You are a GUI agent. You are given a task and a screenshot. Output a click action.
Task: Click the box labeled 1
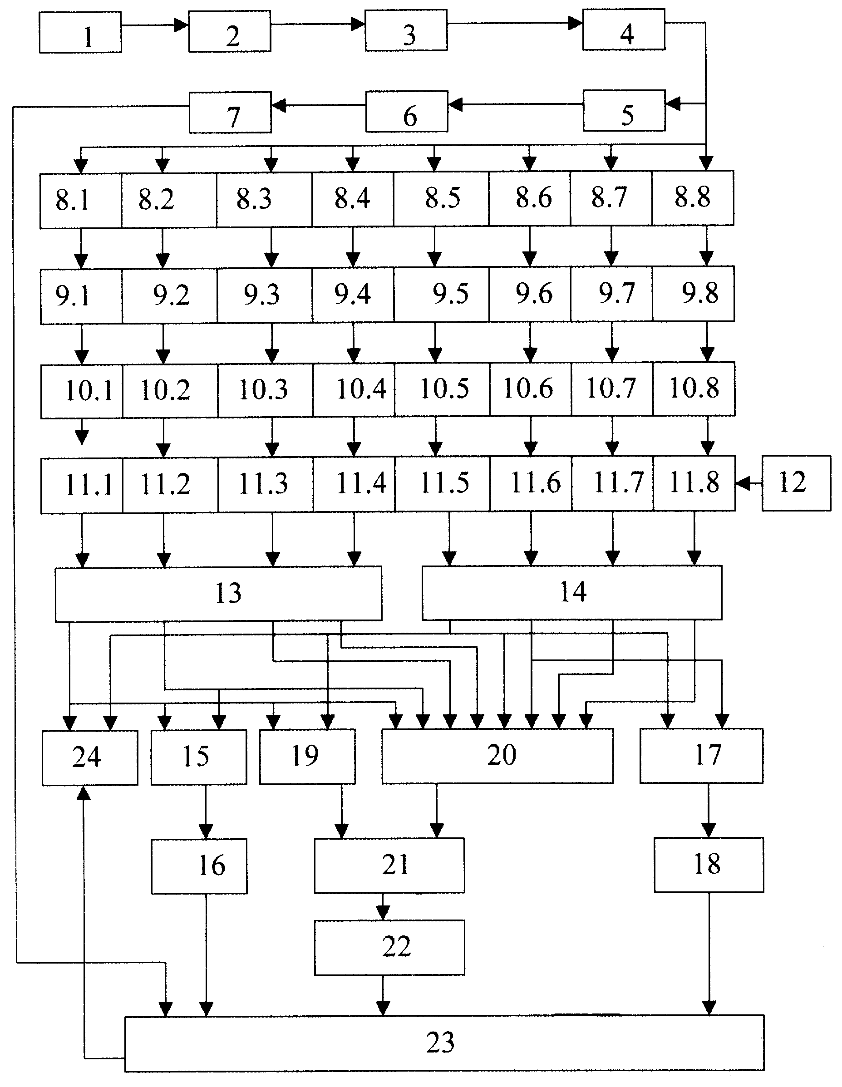[x=80, y=32]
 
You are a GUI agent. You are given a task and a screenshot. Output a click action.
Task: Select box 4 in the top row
[x=624, y=30]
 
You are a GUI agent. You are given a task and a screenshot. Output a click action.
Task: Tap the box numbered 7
[x=230, y=113]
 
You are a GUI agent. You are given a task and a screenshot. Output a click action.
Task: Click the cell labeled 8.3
[x=264, y=200]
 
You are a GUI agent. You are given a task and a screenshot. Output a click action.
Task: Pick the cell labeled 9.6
[x=530, y=294]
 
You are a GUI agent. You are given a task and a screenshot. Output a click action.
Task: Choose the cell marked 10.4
[x=354, y=390]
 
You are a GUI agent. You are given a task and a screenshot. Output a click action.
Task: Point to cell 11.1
[x=82, y=486]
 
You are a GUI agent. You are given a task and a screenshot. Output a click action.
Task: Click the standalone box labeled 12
[x=796, y=483]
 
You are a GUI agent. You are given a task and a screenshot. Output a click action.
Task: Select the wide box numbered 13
[x=218, y=594]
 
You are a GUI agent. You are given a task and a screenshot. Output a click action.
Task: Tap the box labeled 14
[x=572, y=592]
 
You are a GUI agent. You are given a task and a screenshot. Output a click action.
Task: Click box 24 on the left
[x=89, y=757]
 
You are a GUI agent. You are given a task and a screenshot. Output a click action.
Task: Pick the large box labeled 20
[x=497, y=756]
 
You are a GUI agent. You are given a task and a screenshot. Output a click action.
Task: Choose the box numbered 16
[x=199, y=866]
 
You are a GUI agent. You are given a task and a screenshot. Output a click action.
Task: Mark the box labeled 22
[x=389, y=947]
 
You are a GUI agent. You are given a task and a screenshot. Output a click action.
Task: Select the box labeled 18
[x=709, y=865]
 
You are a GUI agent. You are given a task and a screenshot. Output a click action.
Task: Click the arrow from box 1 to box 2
[x=155, y=25]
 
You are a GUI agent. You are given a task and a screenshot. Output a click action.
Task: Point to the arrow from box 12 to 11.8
[x=748, y=483]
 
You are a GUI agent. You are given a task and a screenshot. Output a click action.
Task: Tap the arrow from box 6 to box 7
[x=319, y=105]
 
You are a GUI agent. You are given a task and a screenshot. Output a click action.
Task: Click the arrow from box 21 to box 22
[x=383, y=906]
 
